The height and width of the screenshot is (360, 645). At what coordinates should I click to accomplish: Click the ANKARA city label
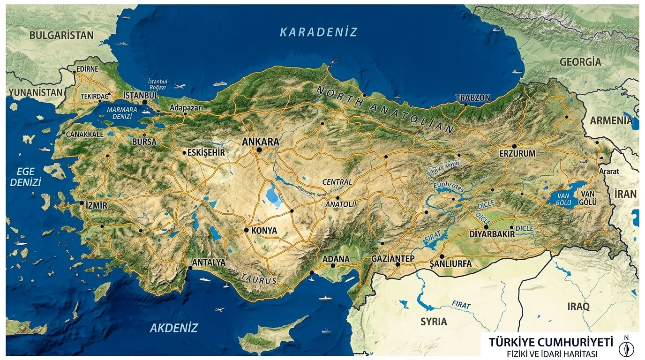(260, 141)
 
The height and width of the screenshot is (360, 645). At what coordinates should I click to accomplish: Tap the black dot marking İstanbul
(145, 102)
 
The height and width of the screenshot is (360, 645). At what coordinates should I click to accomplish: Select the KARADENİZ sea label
(318, 32)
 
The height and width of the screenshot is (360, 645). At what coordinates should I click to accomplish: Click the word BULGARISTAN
(61, 35)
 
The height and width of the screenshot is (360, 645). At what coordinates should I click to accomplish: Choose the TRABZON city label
(473, 98)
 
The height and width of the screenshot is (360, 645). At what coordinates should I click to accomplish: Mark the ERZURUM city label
(517, 153)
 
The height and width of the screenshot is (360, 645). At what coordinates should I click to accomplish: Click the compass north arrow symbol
(626, 347)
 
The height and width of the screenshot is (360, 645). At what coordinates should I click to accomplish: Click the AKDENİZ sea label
(174, 328)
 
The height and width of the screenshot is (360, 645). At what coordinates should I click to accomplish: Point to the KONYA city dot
(247, 230)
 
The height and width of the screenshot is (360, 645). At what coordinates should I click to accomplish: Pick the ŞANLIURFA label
(450, 264)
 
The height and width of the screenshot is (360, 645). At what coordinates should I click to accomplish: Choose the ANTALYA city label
(209, 262)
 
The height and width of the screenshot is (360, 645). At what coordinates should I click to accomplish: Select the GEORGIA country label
(580, 61)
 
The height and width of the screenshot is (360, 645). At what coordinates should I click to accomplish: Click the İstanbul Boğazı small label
(157, 84)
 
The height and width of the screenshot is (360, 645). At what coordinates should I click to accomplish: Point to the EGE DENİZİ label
(26, 176)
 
